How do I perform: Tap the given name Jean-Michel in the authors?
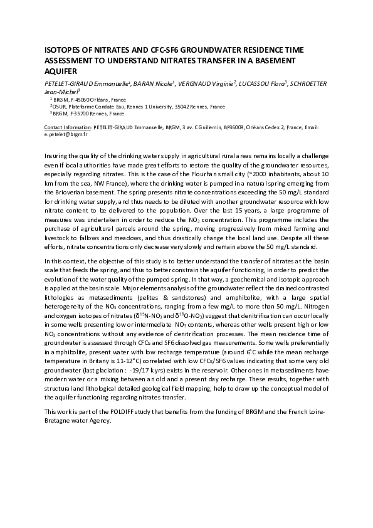[x=59, y=91]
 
